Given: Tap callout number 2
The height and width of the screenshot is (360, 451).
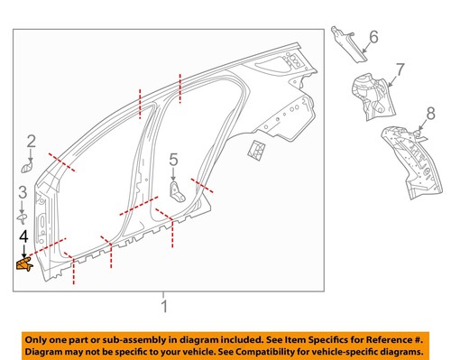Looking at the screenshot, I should point(31,141).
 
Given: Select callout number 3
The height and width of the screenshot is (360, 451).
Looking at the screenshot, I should point(23,191).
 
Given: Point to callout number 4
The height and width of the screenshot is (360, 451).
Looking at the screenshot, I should point(24,236).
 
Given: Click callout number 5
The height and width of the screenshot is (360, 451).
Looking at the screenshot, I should point(173,160).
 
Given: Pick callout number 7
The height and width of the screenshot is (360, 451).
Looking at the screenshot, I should point(400,69).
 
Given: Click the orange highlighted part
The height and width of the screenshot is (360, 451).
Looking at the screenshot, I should point(25,263).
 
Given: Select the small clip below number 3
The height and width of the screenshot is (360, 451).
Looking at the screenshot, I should point(24,217).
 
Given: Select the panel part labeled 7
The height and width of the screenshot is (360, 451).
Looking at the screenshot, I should point(369,96).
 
